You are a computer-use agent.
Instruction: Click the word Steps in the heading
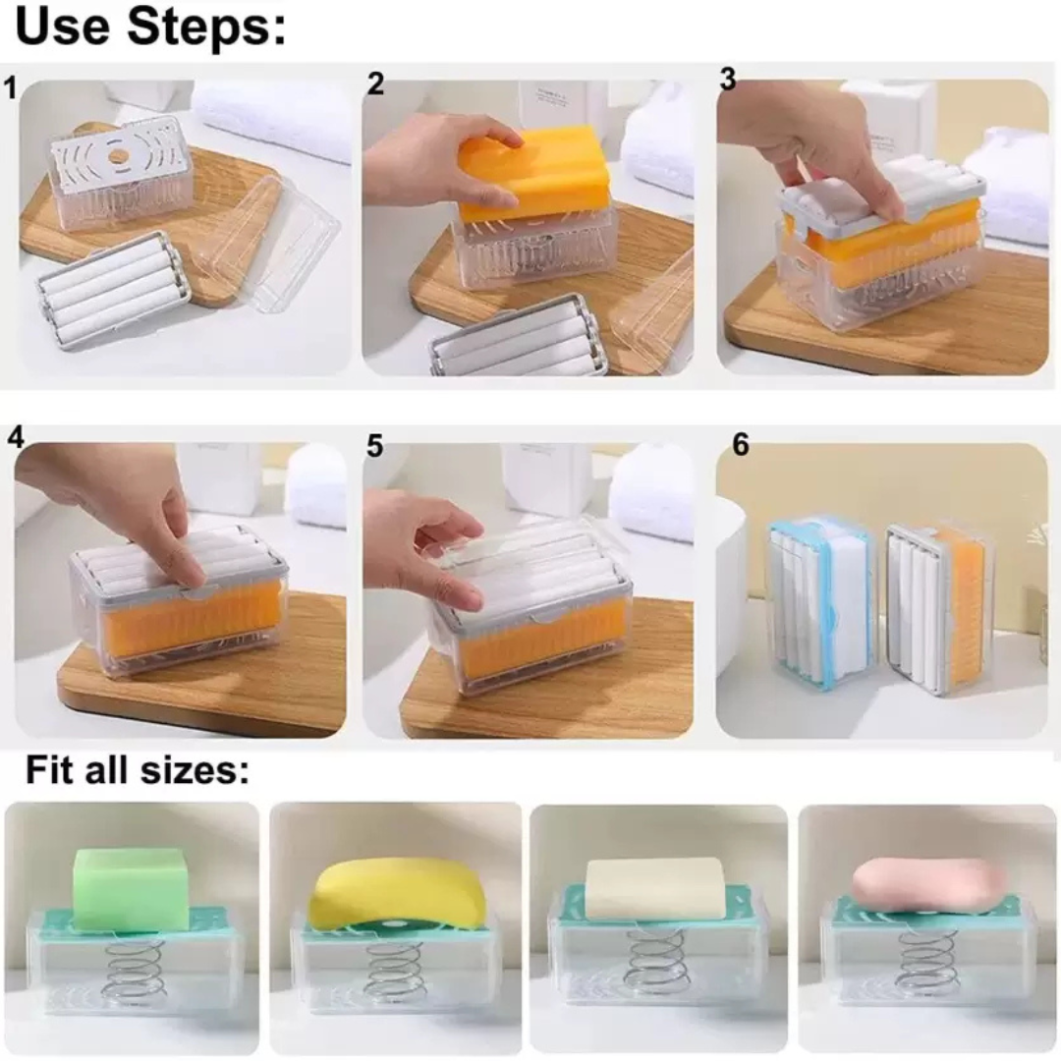click(x=206, y=28)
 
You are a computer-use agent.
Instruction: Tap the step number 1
click(x=10, y=88)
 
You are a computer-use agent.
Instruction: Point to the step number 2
click(x=375, y=84)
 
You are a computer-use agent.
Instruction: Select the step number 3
click(x=727, y=80)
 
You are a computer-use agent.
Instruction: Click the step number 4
click(x=16, y=437)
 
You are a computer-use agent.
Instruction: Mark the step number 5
click(x=375, y=446)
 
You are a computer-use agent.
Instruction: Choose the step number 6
click(x=741, y=445)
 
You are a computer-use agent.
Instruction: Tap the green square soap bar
click(x=131, y=889)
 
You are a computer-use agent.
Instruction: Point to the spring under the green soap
click(x=136, y=969)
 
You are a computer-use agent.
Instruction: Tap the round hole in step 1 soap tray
click(x=119, y=154)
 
